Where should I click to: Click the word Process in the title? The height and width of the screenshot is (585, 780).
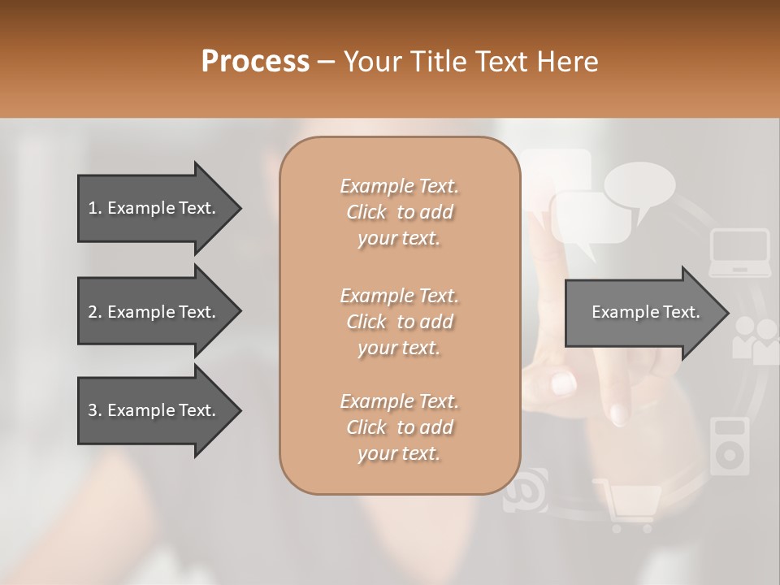click(255, 61)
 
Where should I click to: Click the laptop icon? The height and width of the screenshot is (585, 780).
click(739, 253)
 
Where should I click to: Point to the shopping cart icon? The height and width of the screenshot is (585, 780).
click(628, 505)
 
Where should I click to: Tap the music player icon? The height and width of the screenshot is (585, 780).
click(730, 446)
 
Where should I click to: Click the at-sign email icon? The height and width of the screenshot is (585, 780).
click(525, 490)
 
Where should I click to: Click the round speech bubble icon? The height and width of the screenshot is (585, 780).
click(639, 186)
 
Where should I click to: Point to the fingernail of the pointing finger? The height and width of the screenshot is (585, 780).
click(619, 414)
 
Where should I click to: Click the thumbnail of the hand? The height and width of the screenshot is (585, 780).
click(563, 382)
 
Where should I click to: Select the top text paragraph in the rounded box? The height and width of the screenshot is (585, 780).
click(399, 212)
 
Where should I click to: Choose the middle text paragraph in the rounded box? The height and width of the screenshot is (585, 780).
click(399, 322)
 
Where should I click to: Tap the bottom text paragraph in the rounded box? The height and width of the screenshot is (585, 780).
click(399, 427)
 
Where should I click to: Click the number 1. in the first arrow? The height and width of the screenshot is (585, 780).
click(94, 208)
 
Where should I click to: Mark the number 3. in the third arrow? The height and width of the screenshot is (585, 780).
click(94, 410)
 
